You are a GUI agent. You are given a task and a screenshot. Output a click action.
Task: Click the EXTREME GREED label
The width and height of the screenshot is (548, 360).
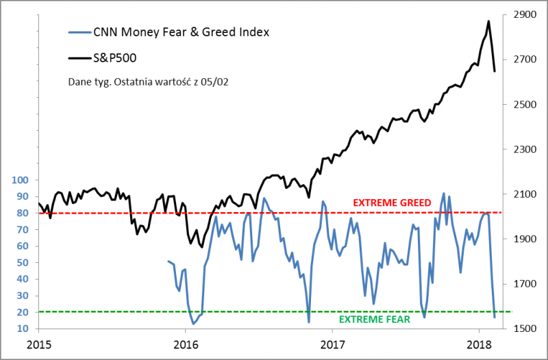point(392,203)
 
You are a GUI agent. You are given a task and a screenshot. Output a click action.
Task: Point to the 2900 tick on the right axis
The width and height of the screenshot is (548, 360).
point(523,14)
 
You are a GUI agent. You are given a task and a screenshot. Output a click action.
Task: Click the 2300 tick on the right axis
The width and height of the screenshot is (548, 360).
point(523,149)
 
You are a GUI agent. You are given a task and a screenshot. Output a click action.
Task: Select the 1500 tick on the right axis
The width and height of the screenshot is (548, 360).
point(523,329)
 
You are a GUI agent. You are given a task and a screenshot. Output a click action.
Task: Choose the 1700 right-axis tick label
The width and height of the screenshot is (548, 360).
point(523,284)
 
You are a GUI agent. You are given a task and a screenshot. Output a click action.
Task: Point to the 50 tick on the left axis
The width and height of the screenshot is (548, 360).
point(23,263)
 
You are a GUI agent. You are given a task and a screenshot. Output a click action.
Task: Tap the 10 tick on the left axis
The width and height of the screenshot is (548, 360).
point(23,329)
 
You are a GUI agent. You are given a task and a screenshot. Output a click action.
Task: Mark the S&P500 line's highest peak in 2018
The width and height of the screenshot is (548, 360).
point(488,21)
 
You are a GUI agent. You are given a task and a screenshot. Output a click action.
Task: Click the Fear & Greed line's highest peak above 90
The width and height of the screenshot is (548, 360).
point(444,194)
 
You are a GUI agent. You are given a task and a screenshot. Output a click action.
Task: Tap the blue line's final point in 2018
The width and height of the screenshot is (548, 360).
point(495,318)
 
